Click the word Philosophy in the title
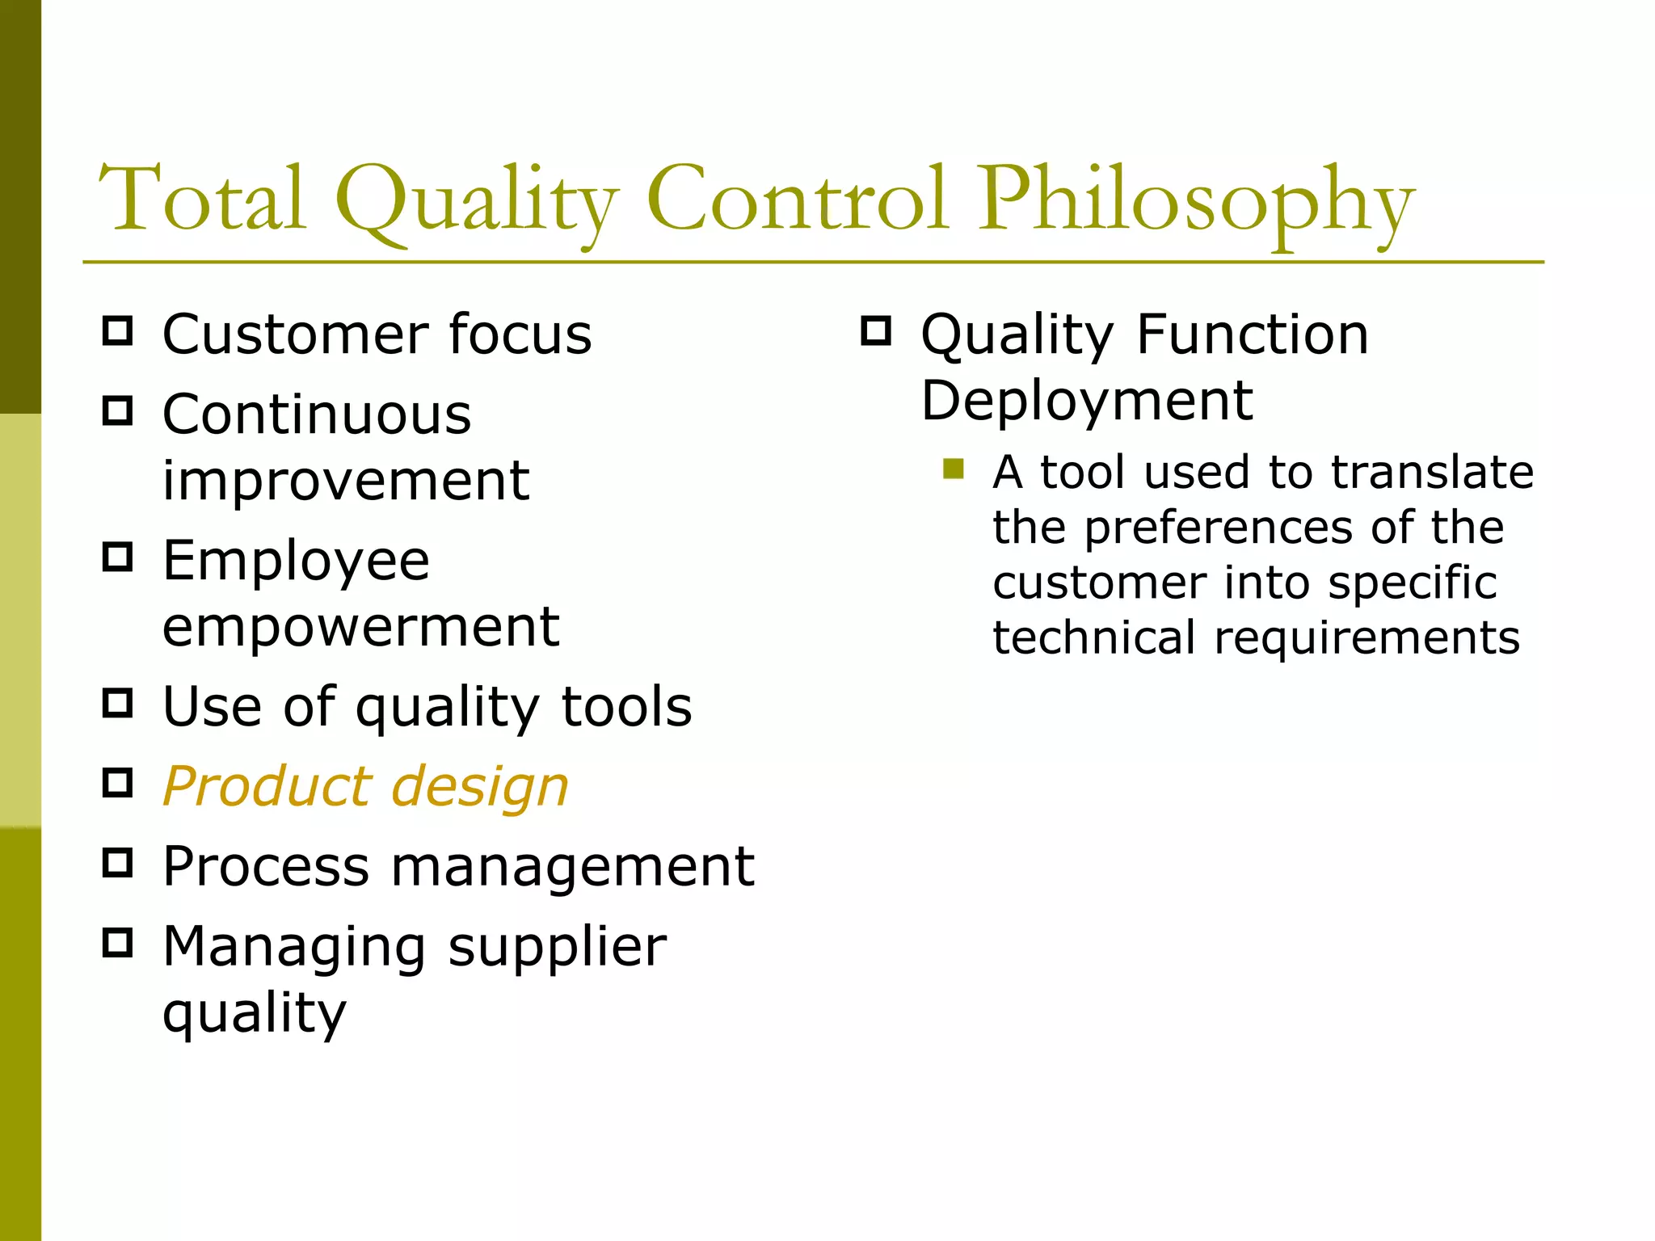(1196, 202)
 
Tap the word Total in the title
(202, 199)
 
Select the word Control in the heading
(796, 199)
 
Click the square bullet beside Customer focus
(118, 331)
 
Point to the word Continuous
(317, 414)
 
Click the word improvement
(346, 481)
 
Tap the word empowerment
(360, 627)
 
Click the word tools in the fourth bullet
(626, 707)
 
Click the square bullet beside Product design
(118, 782)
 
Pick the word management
(572, 867)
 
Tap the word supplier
(557, 948)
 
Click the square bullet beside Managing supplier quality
(118, 942)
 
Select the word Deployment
(1087, 402)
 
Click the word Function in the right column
(1253, 334)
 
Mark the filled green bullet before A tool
(954, 469)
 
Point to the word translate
(1432, 472)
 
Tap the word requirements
(1367, 638)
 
